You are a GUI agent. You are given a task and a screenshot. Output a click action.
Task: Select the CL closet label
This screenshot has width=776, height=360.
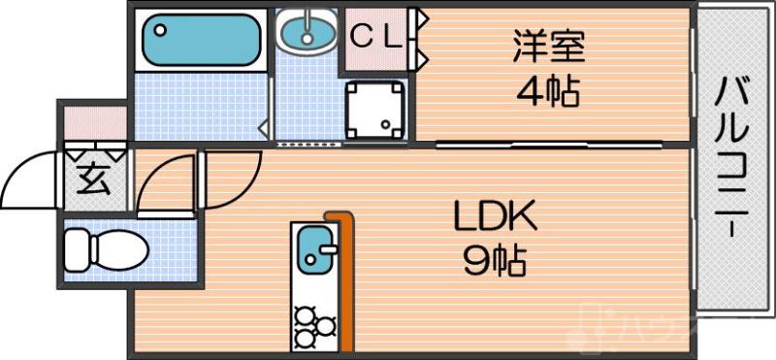coord(375,37)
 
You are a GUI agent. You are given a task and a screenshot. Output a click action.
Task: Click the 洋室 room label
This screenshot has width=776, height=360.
coord(547,46)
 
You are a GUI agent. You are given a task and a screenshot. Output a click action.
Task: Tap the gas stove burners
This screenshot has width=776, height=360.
coord(311,325)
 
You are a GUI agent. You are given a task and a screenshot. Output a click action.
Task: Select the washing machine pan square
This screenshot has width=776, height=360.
coord(375,110)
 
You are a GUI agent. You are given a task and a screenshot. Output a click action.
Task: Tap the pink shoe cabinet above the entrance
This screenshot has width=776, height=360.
coord(94,123)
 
